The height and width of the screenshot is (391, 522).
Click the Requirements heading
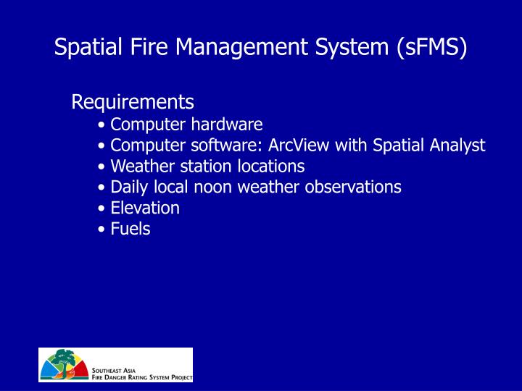point(133,101)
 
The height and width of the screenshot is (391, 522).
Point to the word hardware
point(226,125)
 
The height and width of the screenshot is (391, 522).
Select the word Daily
point(128,188)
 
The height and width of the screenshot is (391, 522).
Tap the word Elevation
point(145,209)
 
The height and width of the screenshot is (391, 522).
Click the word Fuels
point(130,230)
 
